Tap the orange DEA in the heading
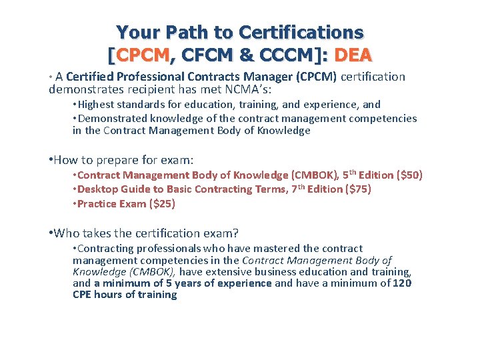coord(353,55)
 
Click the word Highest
coord(100,104)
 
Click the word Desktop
coord(97,189)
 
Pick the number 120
coord(401,283)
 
